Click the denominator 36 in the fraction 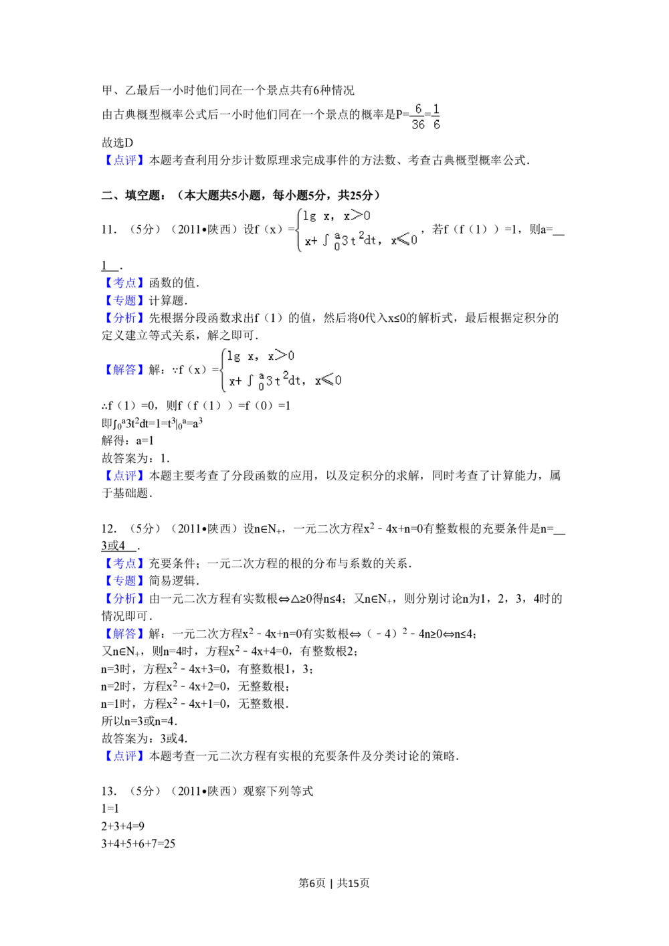pos(418,124)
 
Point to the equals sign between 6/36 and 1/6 pos(427,116)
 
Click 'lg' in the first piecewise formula pos(309,215)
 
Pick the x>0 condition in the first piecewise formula pos(357,215)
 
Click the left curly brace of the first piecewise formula pos(299,229)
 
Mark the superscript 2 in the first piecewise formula pos(361,235)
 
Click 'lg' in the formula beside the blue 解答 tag pos(233,356)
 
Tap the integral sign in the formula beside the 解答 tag pos(250,381)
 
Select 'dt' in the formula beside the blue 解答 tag pos(294,381)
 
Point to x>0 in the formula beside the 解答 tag pos(281,356)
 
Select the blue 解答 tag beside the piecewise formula pos(124,370)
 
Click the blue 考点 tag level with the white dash pos(124,282)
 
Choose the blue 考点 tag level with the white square pos(124,563)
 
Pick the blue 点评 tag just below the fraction pos(124,159)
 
